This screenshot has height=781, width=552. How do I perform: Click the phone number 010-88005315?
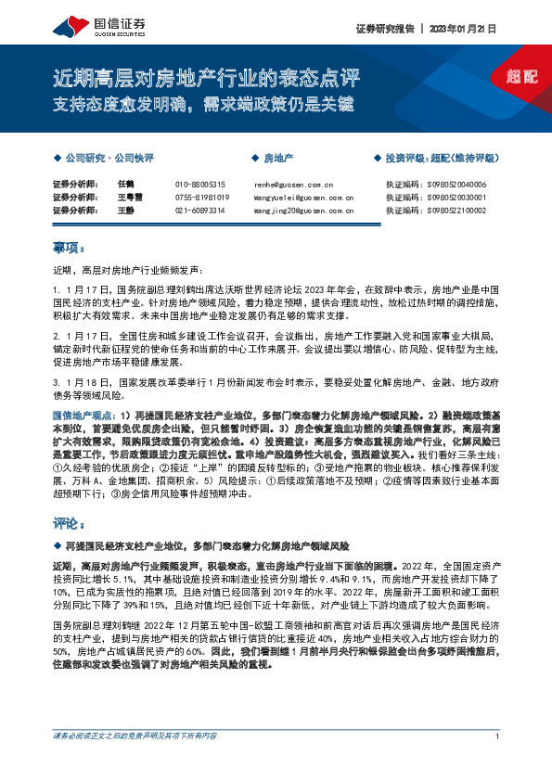pyautogui.click(x=200, y=185)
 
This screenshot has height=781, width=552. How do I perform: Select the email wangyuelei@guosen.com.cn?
pyautogui.click(x=303, y=198)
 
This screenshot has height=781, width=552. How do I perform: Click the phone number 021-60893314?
pyautogui.click(x=200, y=211)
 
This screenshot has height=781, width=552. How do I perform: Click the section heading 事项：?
pyautogui.click(x=69, y=248)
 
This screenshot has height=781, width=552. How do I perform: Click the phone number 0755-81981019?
pyautogui.click(x=202, y=198)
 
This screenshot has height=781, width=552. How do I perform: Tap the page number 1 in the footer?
pyautogui.click(x=498, y=762)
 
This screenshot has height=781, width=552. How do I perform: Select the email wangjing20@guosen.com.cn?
pyautogui.click(x=303, y=211)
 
